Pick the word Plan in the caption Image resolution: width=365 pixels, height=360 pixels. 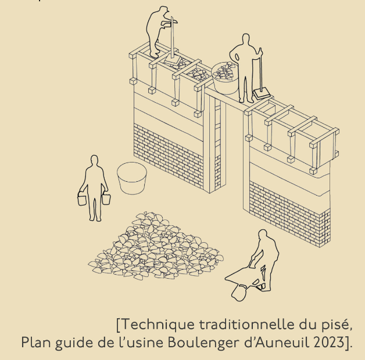35,342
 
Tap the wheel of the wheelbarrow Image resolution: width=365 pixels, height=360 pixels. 239,293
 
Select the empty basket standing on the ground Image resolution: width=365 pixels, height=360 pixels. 132,178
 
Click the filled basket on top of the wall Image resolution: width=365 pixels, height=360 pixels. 225,78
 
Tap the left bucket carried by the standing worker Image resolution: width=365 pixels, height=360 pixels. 82,199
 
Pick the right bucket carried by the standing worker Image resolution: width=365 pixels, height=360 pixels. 106,198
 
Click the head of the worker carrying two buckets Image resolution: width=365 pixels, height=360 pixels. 94,160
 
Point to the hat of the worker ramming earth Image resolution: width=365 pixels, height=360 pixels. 163,9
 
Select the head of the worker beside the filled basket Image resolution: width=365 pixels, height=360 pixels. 246,39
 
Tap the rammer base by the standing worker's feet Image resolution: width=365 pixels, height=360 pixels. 262,93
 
